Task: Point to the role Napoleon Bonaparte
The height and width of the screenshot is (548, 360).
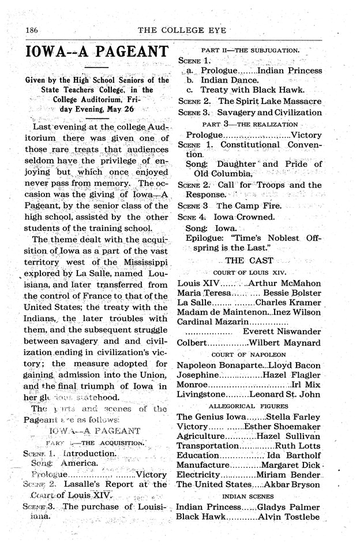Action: coord(219,366)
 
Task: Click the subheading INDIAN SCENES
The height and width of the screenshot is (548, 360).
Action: coord(249,496)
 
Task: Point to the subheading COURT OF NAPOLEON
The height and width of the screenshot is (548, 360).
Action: coord(249,354)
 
